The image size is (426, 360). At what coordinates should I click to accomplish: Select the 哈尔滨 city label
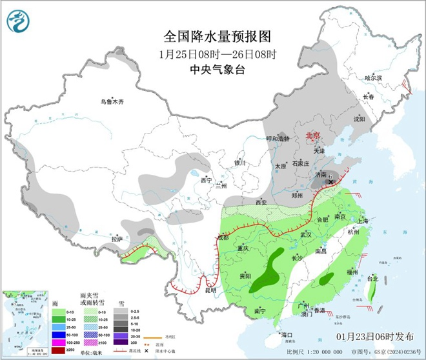tap(374, 77)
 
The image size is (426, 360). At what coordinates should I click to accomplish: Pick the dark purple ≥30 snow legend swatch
tap(119, 342)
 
